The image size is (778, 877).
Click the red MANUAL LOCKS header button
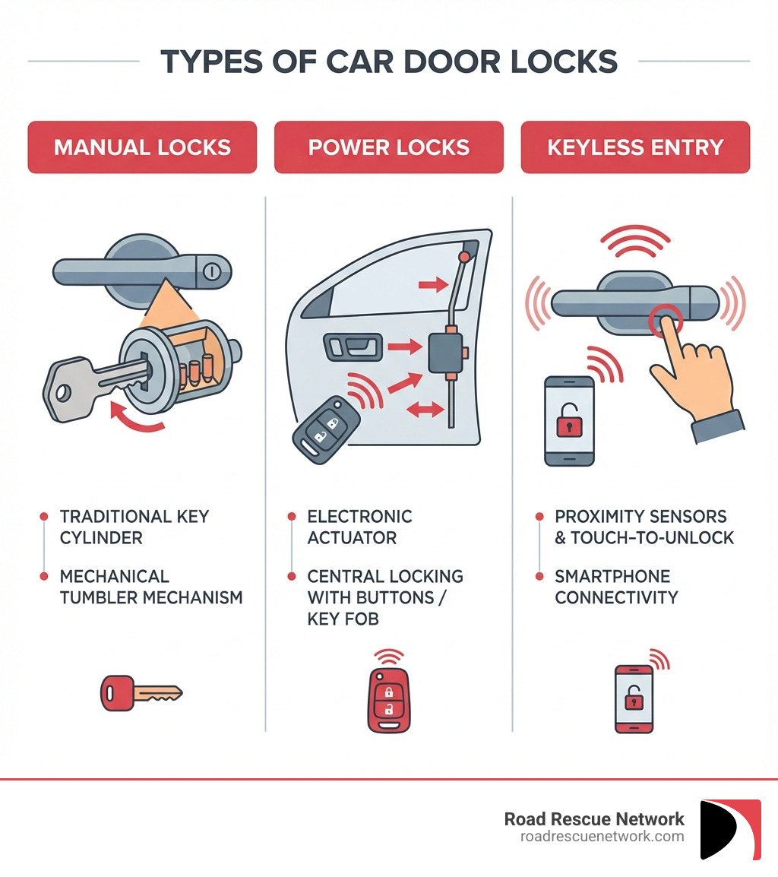(142, 147)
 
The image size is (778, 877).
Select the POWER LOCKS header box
(388, 147)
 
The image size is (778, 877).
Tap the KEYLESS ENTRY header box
(635, 147)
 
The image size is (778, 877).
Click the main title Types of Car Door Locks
(389, 62)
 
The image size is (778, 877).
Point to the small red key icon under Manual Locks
(141, 692)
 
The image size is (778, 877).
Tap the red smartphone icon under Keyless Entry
(634, 698)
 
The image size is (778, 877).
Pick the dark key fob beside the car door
(325, 430)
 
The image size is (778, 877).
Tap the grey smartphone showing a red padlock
(569, 420)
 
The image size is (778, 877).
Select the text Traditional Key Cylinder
(134, 527)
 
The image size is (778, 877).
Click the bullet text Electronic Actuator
(359, 527)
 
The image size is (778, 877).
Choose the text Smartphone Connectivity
(616, 587)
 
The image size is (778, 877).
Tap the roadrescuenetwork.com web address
(602, 837)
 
